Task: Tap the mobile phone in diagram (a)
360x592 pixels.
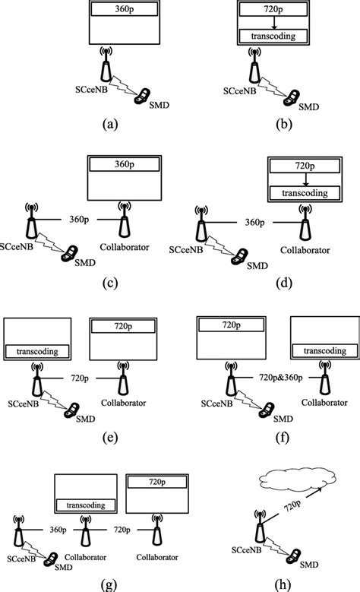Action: (142, 96)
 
